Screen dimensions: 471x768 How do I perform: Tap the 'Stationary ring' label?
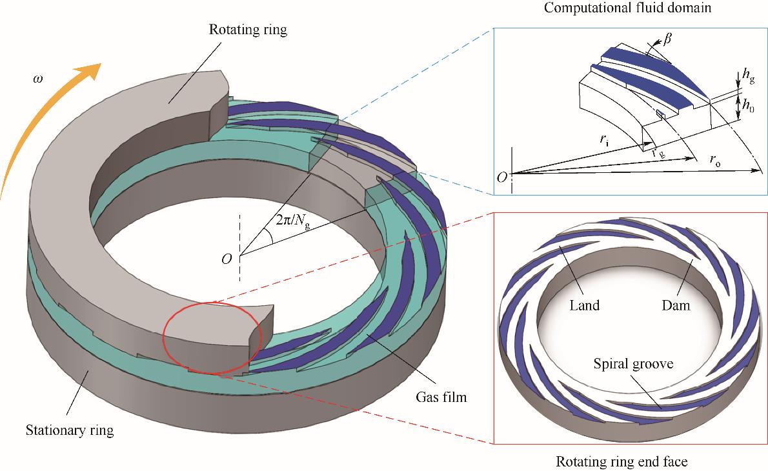point(70,430)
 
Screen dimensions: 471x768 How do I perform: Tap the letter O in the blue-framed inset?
point(501,175)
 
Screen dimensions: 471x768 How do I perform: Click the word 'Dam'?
point(676,305)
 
